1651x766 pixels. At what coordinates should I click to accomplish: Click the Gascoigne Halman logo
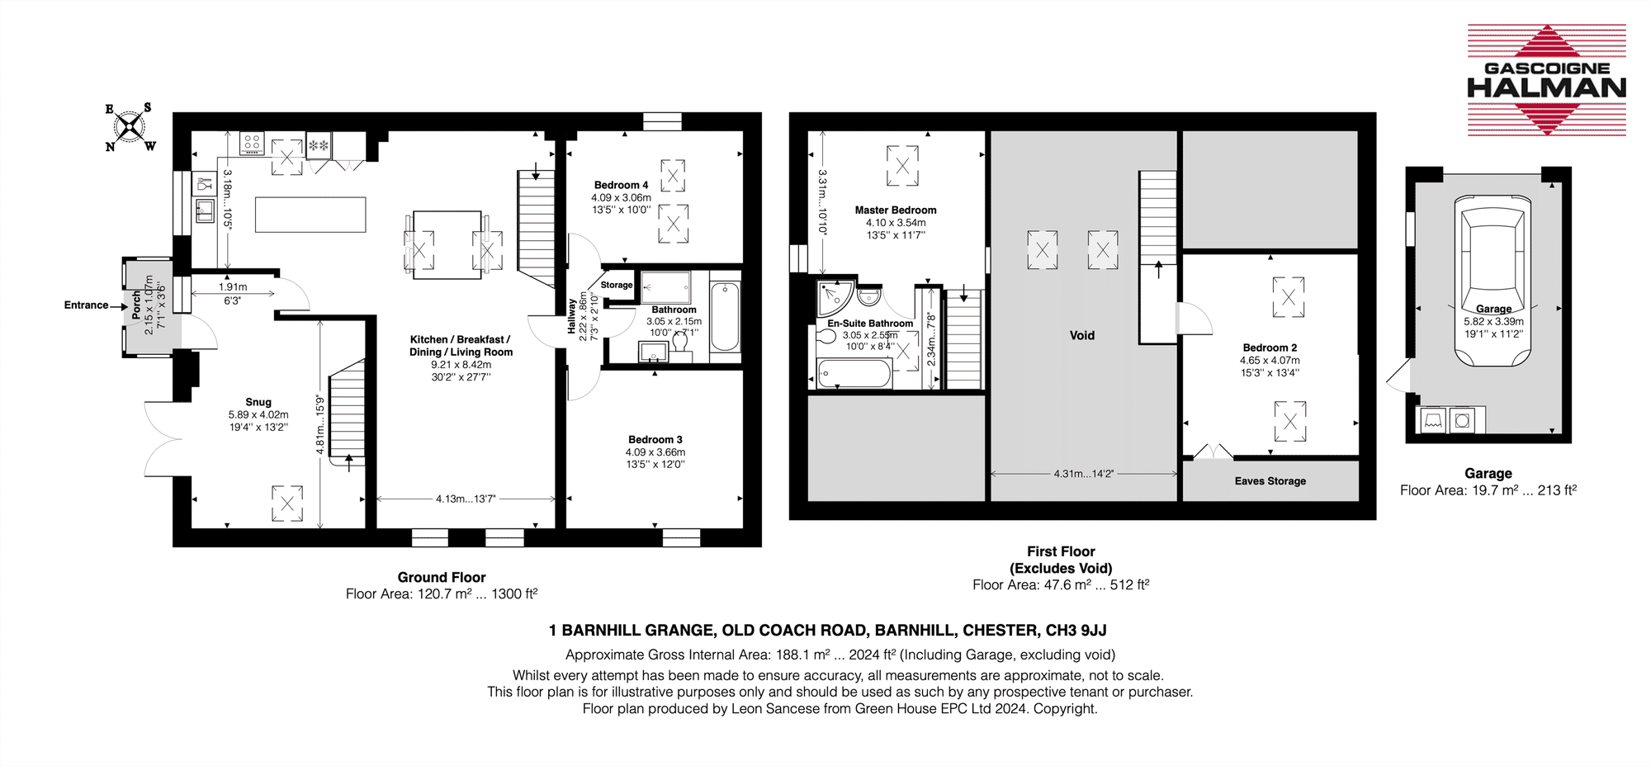(1546, 80)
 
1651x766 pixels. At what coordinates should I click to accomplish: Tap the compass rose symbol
(130, 127)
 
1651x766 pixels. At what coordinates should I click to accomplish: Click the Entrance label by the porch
(86, 305)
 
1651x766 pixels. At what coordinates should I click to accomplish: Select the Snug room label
(258, 402)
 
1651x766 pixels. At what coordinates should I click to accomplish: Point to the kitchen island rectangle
(310, 215)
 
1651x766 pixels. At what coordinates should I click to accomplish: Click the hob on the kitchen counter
(253, 143)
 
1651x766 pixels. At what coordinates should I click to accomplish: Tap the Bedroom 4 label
(621, 185)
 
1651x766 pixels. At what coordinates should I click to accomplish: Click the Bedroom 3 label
(655, 440)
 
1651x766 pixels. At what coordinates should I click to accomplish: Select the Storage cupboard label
(617, 285)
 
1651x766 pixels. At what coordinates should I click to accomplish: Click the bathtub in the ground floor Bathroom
(725, 316)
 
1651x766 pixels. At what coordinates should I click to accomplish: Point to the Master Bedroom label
(896, 210)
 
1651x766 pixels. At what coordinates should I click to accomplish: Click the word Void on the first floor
(1082, 335)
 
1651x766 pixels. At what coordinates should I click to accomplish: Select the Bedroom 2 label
(1270, 348)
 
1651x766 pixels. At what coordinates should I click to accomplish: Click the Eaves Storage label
(1270, 481)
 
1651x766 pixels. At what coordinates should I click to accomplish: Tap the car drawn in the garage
(1494, 281)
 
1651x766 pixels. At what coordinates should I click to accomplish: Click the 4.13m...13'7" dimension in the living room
(466, 499)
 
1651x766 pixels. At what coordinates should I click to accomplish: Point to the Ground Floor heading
(442, 577)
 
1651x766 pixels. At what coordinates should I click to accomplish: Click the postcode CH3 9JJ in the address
(1076, 631)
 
